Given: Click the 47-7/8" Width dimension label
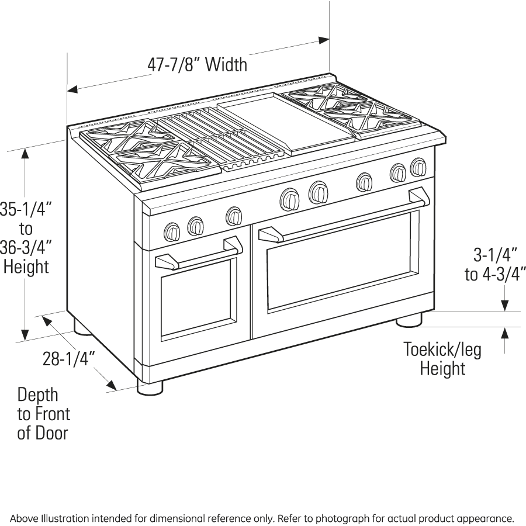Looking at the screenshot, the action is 198,64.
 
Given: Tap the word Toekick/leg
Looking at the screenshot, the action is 442,349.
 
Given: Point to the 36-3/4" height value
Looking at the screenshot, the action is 26,247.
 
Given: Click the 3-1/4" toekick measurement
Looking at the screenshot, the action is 495,255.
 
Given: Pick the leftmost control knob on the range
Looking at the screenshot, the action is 172,232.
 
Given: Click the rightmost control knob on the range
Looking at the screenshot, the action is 418,167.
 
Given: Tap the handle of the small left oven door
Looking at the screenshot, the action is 200,253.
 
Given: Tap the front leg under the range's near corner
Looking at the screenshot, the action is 150,386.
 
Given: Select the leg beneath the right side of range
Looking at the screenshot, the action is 409,320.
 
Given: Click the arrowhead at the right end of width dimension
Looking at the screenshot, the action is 324,40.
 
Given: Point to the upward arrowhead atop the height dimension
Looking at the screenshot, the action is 25,153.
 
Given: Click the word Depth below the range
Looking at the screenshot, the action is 37,395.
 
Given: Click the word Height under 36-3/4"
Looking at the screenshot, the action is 26,267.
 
